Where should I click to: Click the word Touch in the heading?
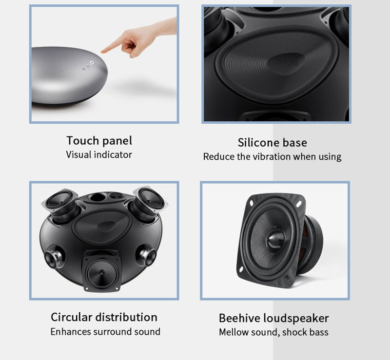[x=83, y=141]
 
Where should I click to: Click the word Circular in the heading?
[x=72, y=317]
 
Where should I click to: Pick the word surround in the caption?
[x=113, y=332]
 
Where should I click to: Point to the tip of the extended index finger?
[x=102, y=52]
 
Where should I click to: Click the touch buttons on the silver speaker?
[x=88, y=65]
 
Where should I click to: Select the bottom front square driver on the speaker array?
[x=101, y=271]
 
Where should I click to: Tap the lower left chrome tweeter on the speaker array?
[x=53, y=257]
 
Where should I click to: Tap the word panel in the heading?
[x=117, y=141]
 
